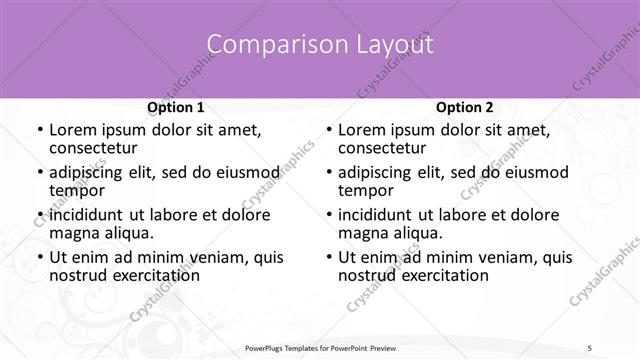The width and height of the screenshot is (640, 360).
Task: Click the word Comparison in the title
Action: [265, 45]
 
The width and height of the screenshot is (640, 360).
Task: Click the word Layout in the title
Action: [392, 45]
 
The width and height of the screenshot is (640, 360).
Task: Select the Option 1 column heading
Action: [176, 107]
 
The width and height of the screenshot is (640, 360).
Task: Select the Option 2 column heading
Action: [465, 107]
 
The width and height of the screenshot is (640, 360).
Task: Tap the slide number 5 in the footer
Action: [590, 348]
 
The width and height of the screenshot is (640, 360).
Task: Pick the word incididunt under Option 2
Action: [376, 214]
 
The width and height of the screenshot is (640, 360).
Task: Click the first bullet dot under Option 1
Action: [38, 131]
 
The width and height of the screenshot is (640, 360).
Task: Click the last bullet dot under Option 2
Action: [327, 258]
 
